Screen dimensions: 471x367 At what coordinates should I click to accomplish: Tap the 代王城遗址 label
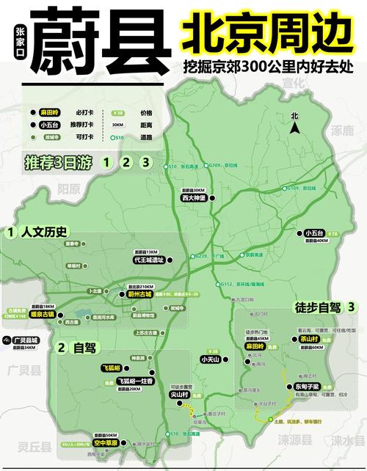click(x=148, y=259)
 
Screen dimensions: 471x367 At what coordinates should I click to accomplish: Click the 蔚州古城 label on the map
click(x=137, y=294)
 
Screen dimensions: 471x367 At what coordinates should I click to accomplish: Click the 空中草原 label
click(x=106, y=443)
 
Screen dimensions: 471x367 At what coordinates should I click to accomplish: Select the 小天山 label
click(x=211, y=359)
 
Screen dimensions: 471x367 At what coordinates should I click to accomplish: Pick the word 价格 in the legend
click(x=146, y=113)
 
